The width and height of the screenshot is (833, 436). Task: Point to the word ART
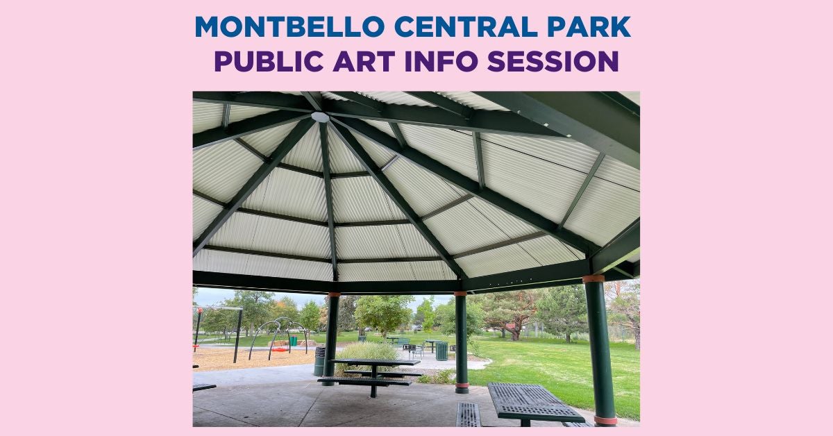pyautogui.click(x=364, y=61)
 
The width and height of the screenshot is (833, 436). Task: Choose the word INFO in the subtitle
pyautogui.click(x=441, y=61)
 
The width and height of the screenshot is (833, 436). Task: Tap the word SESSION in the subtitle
pyautogui.click(x=553, y=61)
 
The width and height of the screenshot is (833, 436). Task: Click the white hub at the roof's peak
pyautogui.click(x=320, y=117)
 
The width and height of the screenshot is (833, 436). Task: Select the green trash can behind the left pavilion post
pyautogui.click(x=319, y=361)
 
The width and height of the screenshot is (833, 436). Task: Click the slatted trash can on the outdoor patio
pyautogui.click(x=441, y=351)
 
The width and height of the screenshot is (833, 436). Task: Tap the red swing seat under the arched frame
pyautogui.click(x=280, y=349)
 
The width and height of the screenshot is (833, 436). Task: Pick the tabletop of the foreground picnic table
pyautogui.click(x=530, y=402)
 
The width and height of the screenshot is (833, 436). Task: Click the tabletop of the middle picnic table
pyautogui.click(x=376, y=362)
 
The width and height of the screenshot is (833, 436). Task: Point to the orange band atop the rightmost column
pyautogui.click(x=593, y=279)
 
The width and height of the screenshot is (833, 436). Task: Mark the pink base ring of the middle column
pyautogui.click(x=462, y=385)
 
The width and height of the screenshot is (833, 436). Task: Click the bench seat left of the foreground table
pyautogui.click(x=468, y=414)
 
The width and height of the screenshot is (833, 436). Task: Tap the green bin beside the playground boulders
pyautogui.click(x=294, y=341)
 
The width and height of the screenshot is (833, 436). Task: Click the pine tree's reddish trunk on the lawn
pyautogui.click(x=515, y=331)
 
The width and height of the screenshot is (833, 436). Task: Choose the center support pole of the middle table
pyautogui.click(x=373, y=381)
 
